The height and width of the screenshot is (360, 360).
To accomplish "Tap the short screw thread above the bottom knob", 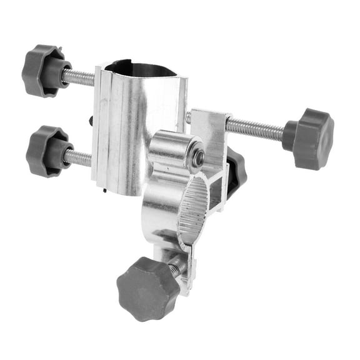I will [x=176, y=266].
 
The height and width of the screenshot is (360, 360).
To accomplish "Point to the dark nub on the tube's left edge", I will [x=91, y=120].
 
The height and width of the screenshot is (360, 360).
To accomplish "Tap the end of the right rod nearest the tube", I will [x=189, y=117].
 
